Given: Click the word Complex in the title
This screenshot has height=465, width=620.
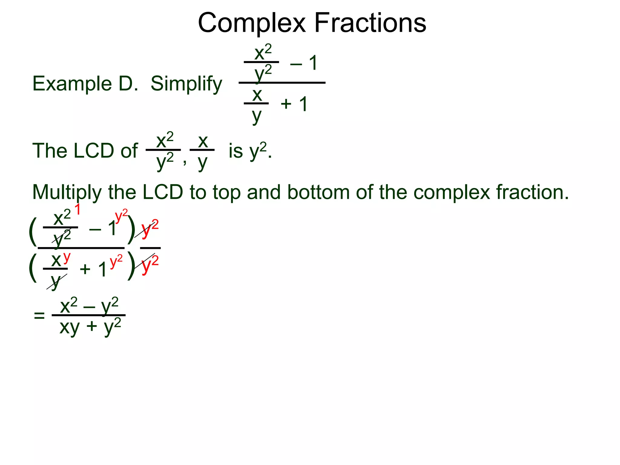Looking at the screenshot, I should point(252,24).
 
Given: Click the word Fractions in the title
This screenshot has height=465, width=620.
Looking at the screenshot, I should point(370,23).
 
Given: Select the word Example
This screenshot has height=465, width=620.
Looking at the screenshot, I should point(72,84).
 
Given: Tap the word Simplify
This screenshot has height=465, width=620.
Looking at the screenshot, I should point(186,84).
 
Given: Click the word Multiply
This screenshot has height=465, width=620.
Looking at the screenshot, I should point(67,193).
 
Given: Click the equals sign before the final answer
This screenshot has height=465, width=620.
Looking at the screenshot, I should point(39,316).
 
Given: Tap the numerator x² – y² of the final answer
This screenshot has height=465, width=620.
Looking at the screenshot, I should point(89,306).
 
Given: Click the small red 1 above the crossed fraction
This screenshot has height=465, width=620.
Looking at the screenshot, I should point(77,209).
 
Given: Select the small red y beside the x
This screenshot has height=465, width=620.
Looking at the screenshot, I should point(67,257).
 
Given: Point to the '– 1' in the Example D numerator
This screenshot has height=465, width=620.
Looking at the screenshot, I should point(304,63).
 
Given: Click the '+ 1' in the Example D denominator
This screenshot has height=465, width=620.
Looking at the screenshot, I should point(294,104).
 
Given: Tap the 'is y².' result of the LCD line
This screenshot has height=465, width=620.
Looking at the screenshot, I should point(250,151).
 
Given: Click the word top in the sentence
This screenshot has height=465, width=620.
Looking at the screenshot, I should point(226,193).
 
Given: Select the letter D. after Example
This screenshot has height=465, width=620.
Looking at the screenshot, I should point(128,84).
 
